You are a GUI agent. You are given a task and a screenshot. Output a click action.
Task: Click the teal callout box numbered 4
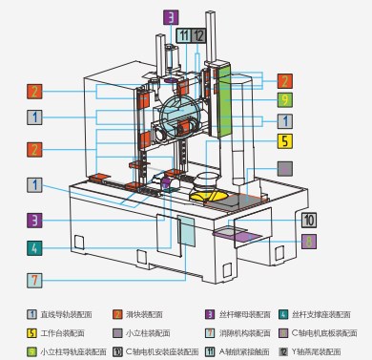(34, 247)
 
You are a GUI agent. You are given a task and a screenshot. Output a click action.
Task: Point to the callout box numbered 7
(34, 281)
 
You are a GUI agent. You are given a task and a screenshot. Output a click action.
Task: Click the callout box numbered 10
(307, 221)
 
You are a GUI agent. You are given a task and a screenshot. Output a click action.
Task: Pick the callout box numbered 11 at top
(182, 36)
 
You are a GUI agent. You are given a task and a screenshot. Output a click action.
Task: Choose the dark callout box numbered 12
(197, 36)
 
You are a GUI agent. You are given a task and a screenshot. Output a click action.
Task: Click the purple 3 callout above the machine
(170, 16)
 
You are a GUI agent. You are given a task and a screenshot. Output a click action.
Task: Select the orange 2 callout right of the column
(284, 80)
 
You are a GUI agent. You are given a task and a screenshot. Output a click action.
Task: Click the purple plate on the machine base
(236, 232)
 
